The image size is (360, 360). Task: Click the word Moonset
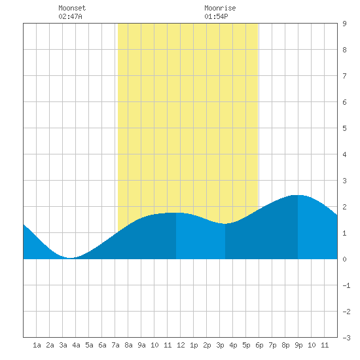coord(72,8)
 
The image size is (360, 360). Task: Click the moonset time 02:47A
coord(70,16)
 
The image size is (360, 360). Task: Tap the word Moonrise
coord(220,8)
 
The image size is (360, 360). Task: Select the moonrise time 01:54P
coord(216,16)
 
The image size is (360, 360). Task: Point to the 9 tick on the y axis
coord(344,24)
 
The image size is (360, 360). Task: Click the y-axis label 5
coord(344,128)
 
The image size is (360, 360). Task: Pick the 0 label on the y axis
coord(344,259)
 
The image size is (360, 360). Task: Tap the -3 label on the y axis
coord(346,338)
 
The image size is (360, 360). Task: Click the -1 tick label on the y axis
coord(346,285)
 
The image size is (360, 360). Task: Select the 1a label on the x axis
coord(37,345)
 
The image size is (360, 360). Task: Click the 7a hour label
coord(115,345)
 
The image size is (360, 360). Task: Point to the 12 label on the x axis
coord(181,345)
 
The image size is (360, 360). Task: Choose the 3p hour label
coord(220,345)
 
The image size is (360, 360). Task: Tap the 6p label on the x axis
coord(259,345)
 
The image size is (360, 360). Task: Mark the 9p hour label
coord(298,345)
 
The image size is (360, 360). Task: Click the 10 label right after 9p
coord(312,345)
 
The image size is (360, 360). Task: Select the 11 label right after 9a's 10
coord(168,345)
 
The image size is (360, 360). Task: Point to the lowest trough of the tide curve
coord(71,258)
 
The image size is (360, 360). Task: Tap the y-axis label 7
coord(344,76)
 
